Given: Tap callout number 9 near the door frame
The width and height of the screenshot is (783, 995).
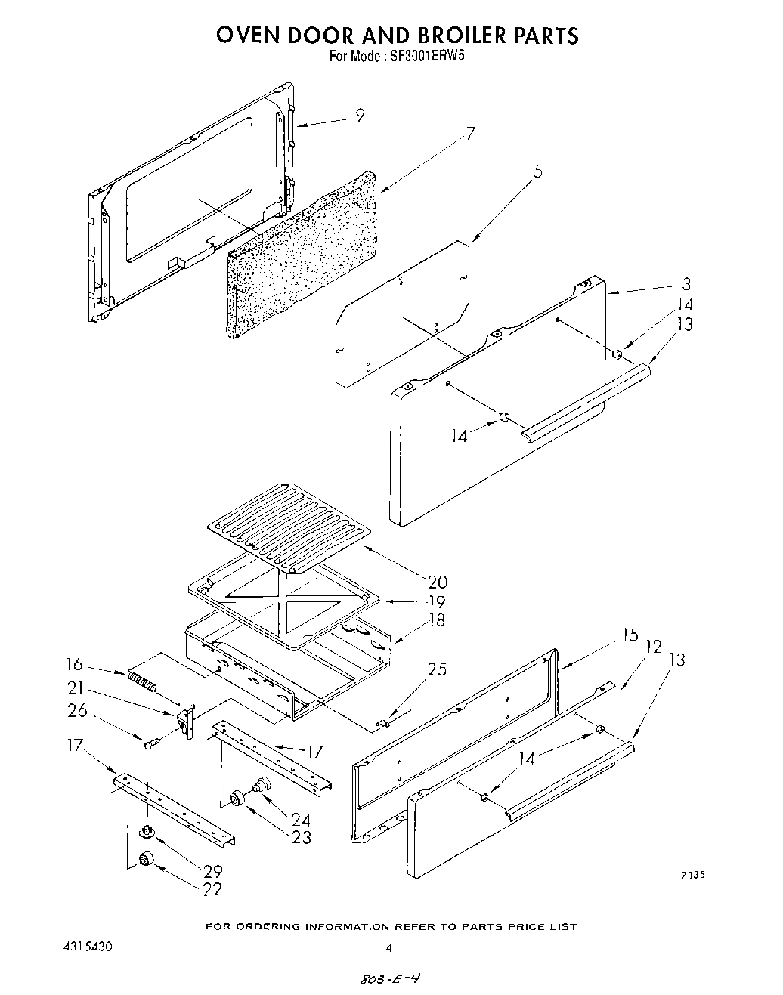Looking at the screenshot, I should pos(360,115).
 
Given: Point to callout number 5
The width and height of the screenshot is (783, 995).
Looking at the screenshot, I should pos(537,171).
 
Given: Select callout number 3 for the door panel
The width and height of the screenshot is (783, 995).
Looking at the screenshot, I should pos(686,284).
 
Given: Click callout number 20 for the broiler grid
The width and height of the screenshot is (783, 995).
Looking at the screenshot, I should pos(437,582).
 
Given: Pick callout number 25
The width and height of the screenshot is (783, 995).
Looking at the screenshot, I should pos(437,669).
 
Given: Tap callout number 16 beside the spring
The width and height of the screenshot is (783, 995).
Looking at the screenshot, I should pos(74,664).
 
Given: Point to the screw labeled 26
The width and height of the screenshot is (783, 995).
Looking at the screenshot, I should pos(149,744).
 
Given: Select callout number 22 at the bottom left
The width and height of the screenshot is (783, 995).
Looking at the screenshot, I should pos(213,889).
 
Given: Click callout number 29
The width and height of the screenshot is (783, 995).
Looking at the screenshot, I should pos(213,870).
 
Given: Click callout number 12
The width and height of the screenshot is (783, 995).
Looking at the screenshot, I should pos(653,646).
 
